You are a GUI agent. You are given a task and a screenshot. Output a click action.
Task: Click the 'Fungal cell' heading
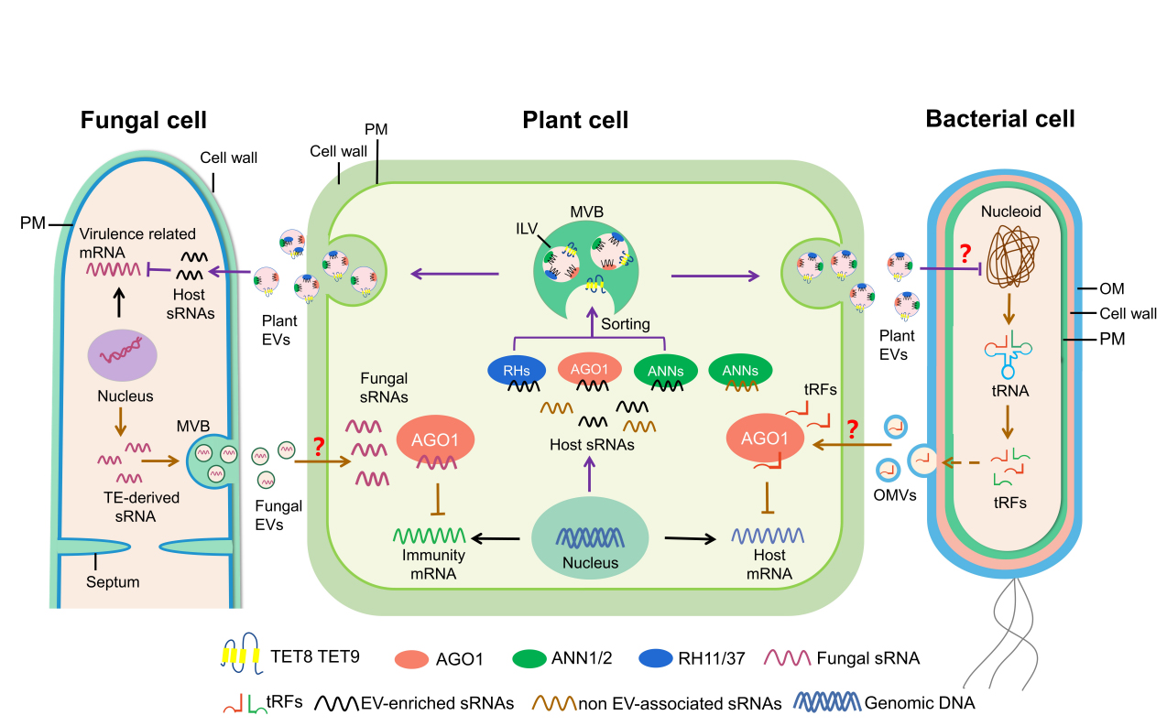point(143,120)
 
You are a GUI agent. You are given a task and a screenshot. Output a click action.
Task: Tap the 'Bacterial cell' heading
point(1000,118)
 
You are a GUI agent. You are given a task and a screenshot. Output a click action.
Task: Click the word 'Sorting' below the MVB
point(625,324)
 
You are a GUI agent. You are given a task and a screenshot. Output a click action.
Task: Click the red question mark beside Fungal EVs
point(319,448)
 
